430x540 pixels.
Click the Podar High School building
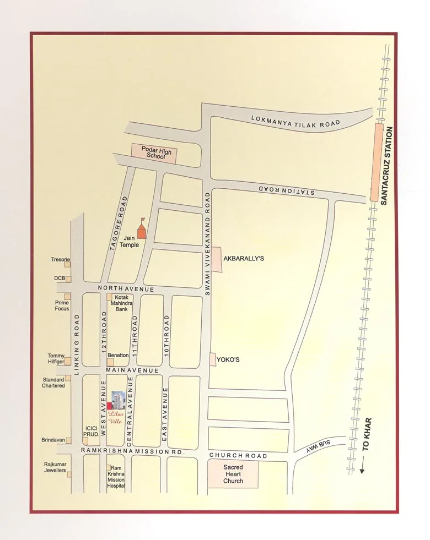154,154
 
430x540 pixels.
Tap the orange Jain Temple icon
142,228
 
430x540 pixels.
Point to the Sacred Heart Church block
233,474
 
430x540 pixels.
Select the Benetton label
119,356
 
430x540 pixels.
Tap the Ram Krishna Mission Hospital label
116,477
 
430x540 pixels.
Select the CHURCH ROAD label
238,456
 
